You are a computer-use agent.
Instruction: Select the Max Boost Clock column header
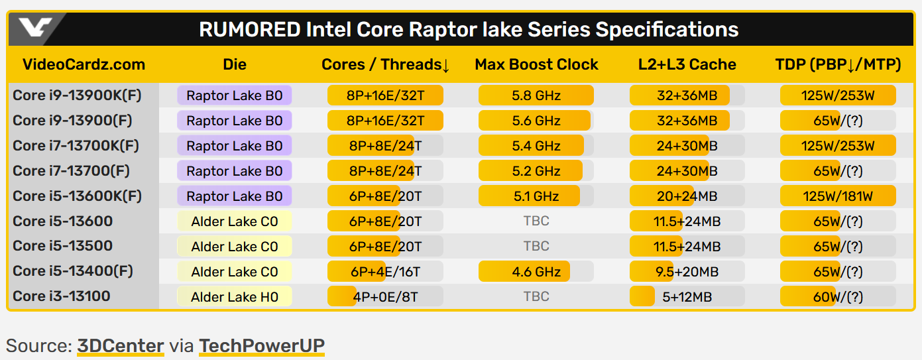(x=536, y=64)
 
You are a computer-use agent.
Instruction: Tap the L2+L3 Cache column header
(x=687, y=64)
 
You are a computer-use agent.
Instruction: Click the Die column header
(x=235, y=64)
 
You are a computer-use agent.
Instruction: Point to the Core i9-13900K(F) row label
(x=77, y=95)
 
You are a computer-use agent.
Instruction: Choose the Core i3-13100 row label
(x=62, y=296)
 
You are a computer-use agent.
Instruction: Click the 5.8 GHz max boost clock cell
(x=536, y=95)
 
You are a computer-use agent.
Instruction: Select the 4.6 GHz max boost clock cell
(x=536, y=271)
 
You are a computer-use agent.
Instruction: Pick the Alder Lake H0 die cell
(x=235, y=296)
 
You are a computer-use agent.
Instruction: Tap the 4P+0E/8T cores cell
(x=385, y=296)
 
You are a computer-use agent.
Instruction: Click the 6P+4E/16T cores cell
(x=385, y=271)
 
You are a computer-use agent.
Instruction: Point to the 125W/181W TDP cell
(x=838, y=196)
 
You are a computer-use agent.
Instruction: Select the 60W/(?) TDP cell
(x=838, y=296)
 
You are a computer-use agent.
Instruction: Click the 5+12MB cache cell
(x=687, y=296)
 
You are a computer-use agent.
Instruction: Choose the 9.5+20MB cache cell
(x=687, y=271)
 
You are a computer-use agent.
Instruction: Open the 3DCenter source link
(x=120, y=345)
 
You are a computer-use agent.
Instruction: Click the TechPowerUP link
(x=262, y=345)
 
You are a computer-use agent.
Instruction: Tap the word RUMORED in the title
(x=249, y=30)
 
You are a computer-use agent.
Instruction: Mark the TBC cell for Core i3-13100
(x=536, y=296)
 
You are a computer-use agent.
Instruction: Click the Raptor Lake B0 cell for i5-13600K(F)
(x=235, y=196)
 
